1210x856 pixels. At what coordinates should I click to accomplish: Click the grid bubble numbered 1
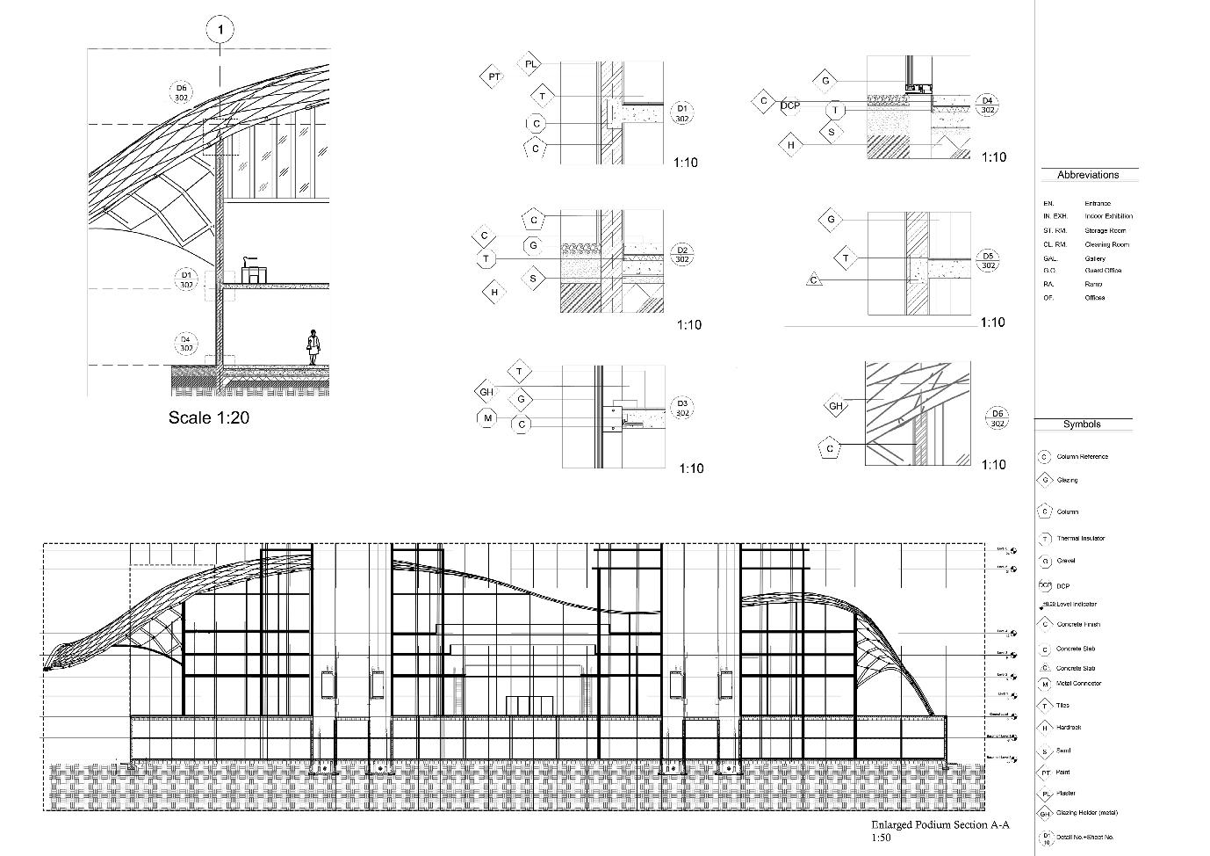click(220, 31)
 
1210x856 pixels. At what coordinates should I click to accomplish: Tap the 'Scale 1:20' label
click(209, 418)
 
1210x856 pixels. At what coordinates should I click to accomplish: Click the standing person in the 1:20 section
click(313, 347)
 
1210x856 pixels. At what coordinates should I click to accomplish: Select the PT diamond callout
click(493, 77)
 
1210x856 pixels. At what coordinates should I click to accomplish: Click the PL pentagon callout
click(531, 64)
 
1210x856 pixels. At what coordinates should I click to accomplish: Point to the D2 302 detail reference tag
click(681, 255)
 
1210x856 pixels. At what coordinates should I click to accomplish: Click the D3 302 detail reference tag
click(682, 408)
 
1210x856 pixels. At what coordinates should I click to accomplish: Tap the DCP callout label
click(790, 106)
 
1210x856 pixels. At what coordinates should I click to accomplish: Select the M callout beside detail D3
click(488, 418)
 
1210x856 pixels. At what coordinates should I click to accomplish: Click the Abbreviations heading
click(1088, 175)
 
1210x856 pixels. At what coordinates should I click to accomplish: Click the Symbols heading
click(1082, 424)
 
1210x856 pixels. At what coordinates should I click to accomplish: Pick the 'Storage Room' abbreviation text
click(1105, 230)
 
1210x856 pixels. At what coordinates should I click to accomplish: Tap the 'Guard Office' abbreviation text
click(1103, 271)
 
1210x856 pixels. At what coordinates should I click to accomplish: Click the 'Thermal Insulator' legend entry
click(1080, 539)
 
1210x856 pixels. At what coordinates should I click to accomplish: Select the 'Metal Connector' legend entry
click(1078, 684)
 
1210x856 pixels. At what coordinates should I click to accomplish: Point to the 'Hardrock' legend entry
click(1069, 728)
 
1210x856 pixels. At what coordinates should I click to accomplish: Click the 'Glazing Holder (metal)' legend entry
click(1087, 813)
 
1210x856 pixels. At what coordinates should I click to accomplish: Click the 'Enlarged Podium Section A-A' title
click(940, 825)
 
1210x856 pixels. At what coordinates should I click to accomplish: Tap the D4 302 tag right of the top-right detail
click(987, 105)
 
